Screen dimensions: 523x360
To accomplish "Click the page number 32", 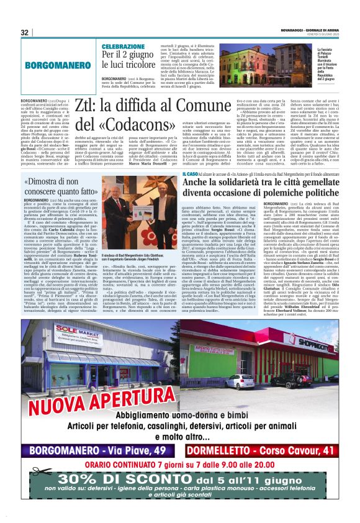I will (25, 32).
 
